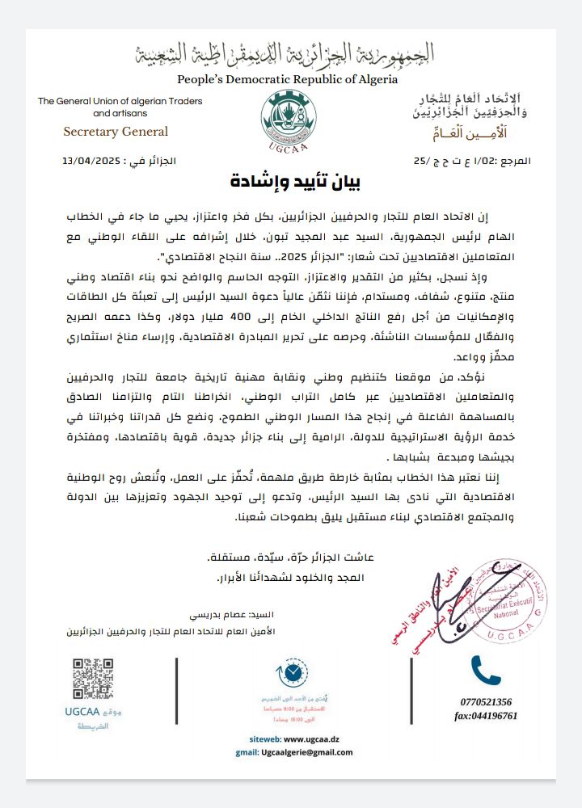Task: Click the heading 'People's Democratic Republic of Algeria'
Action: [288, 79]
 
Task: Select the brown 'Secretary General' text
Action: [116, 132]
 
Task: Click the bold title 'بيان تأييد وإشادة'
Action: [295, 180]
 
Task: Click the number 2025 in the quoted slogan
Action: [259, 258]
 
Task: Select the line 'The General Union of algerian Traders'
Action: [120, 101]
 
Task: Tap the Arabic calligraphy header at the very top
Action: [289, 54]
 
